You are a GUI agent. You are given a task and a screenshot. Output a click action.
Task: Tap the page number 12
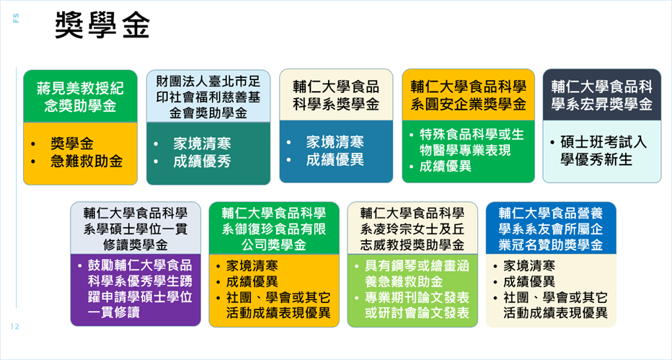click(x=15, y=327)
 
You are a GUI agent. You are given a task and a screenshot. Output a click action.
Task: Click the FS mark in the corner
click(x=17, y=18)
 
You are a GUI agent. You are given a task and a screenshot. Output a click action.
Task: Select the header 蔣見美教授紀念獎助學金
click(x=80, y=97)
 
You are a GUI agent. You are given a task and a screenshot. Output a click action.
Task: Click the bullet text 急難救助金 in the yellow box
click(x=87, y=162)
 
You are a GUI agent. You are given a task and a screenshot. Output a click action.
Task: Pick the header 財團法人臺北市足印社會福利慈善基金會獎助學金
click(x=208, y=97)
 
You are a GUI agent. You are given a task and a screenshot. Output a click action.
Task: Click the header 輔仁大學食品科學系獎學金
click(x=336, y=95)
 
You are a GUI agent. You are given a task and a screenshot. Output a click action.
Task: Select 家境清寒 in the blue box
click(x=335, y=142)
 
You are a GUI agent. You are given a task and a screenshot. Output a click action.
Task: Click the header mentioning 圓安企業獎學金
click(x=469, y=95)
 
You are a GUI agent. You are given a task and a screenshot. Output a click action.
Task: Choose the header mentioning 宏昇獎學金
click(x=602, y=95)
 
